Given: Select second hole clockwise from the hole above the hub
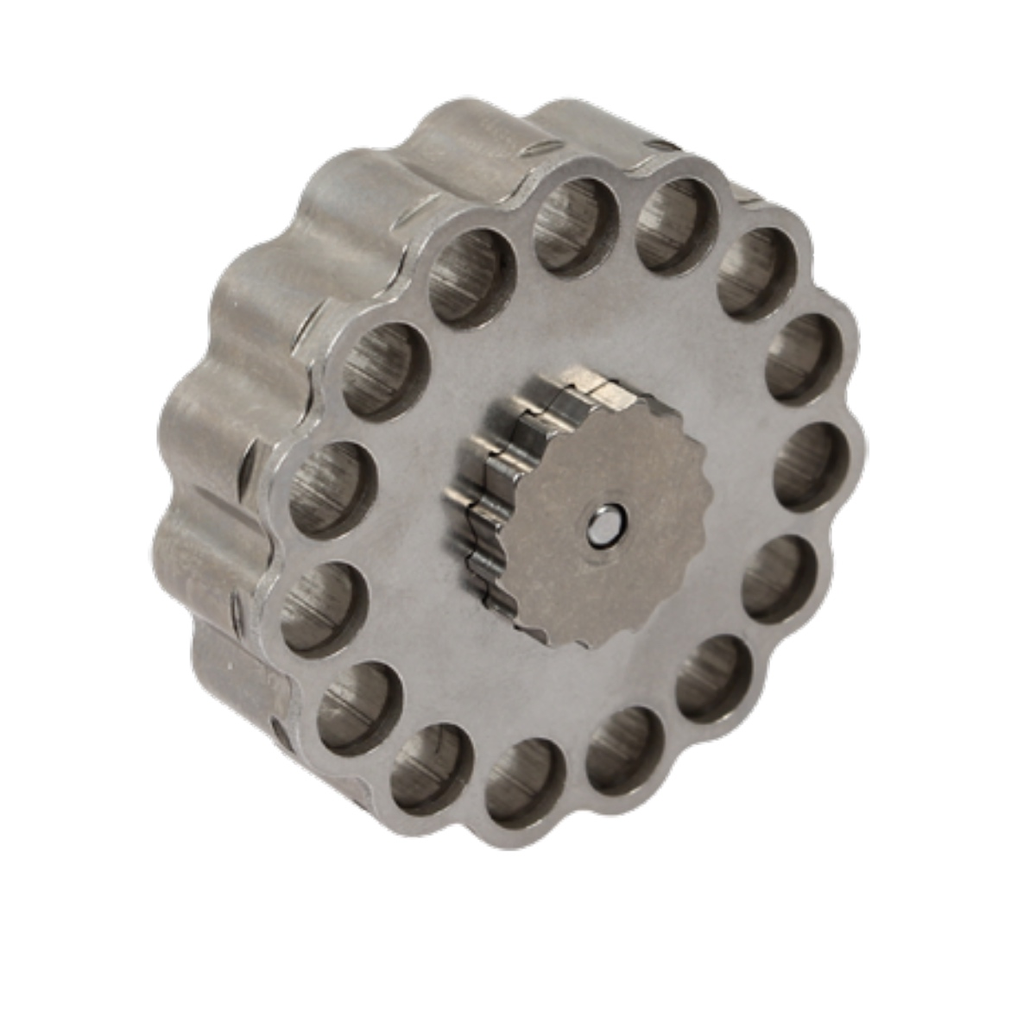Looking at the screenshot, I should tap(756, 275).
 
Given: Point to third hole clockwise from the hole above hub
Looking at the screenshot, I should tap(803, 359).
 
